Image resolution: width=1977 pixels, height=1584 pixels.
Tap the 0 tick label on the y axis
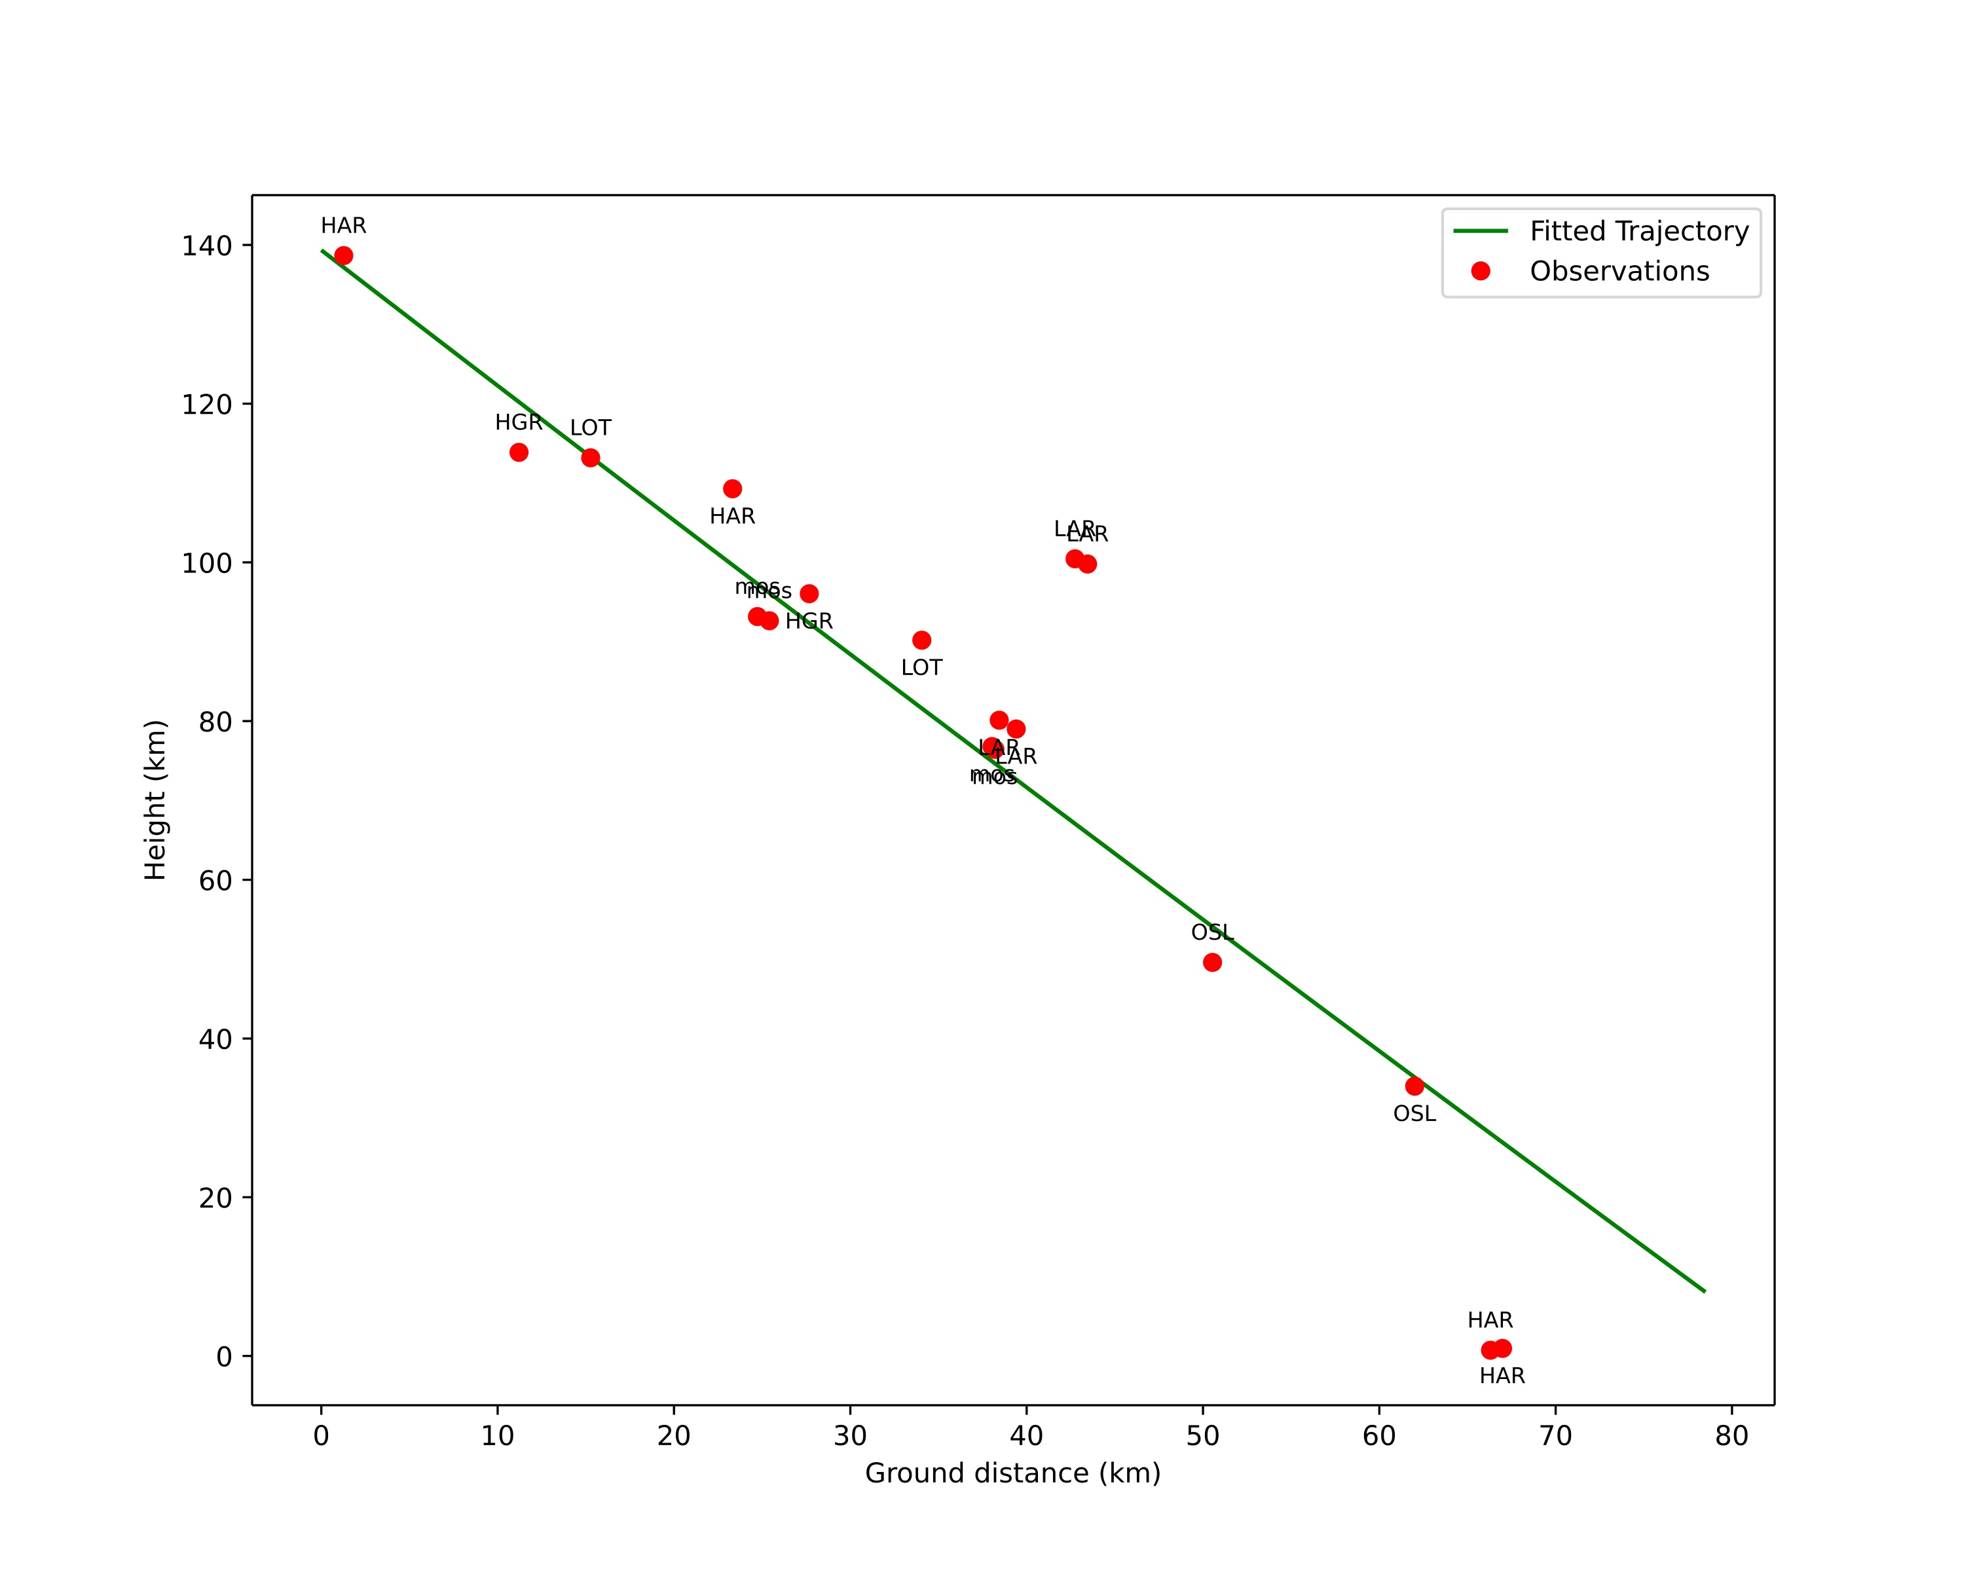click(224, 1357)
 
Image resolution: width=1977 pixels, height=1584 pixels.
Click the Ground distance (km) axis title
click(1012, 1473)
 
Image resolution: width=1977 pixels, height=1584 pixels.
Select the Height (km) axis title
click(156, 800)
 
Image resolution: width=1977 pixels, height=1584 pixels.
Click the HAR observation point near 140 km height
click(344, 256)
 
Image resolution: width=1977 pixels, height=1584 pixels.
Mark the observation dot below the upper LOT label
click(591, 458)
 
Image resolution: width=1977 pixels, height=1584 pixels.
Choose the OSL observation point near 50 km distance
click(1212, 963)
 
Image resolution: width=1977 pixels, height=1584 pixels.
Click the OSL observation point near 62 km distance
click(1415, 1086)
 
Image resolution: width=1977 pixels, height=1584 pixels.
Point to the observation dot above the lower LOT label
click(921, 640)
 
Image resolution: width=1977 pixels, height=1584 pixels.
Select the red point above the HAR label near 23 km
click(733, 488)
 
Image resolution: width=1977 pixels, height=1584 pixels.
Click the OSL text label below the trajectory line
click(1415, 1114)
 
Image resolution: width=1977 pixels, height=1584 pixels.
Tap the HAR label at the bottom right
click(1502, 1376)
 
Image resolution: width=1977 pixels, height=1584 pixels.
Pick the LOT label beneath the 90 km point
click(921, 669)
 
